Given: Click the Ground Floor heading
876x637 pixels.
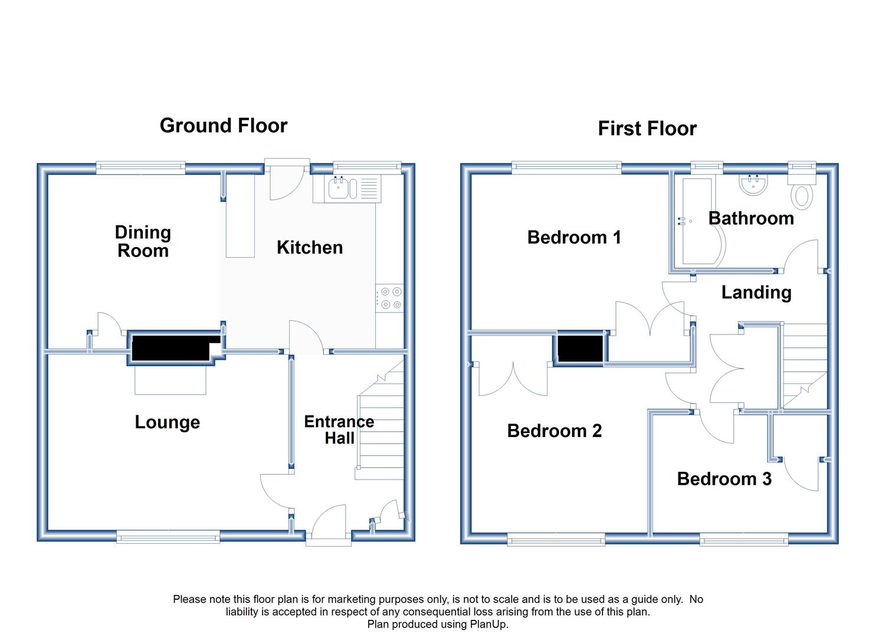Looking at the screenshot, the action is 224,126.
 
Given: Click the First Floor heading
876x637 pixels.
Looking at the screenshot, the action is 647,129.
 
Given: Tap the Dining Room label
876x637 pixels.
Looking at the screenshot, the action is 143,242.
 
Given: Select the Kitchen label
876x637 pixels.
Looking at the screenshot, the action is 310,248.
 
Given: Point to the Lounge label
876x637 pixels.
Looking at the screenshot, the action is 168,422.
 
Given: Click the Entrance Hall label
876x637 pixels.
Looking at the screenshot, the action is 339,430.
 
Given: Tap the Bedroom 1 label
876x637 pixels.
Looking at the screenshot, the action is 574,237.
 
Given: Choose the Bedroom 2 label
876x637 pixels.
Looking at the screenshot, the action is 554,431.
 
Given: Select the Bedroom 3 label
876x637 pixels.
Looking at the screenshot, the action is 724,479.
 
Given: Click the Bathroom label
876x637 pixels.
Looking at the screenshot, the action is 752,218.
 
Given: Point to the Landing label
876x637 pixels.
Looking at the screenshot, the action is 756,293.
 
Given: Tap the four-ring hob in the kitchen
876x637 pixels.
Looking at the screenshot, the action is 389,298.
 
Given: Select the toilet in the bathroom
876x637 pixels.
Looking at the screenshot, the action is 802,190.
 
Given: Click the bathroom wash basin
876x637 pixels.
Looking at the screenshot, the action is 753,185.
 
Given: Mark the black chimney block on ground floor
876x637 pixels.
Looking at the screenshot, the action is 175,347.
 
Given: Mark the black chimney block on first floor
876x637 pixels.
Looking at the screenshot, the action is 580,349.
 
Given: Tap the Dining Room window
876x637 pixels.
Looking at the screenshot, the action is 141,168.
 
